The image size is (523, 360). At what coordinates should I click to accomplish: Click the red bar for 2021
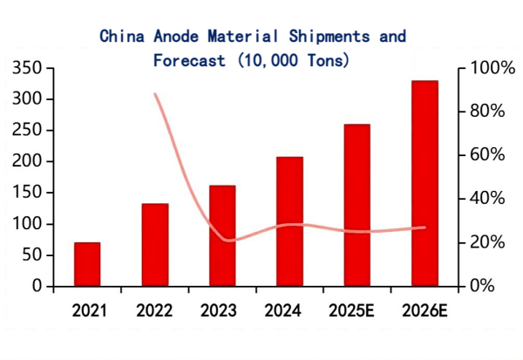pos(87,264)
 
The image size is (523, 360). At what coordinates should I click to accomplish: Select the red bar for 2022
pos(154,245)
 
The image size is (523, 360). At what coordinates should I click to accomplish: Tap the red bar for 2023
pos(222,235)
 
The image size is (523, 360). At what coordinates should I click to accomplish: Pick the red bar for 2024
pos(289,221)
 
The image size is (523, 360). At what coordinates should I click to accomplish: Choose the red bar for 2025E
pos(357,205)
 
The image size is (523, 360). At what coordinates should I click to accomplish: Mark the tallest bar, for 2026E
pos(425,183)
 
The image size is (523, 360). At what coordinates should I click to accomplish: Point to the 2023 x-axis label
pos(222,310)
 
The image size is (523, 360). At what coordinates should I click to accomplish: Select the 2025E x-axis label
pos(357,310)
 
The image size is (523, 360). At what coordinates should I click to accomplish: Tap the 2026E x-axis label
pos(425,310)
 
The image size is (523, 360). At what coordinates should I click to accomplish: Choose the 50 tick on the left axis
pos(33,255)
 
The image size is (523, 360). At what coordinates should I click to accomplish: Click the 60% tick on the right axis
pos(487,155)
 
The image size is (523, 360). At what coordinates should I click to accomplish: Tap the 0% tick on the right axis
pos(483,286)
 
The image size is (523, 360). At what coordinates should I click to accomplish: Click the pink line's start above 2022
pos(155,94)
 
